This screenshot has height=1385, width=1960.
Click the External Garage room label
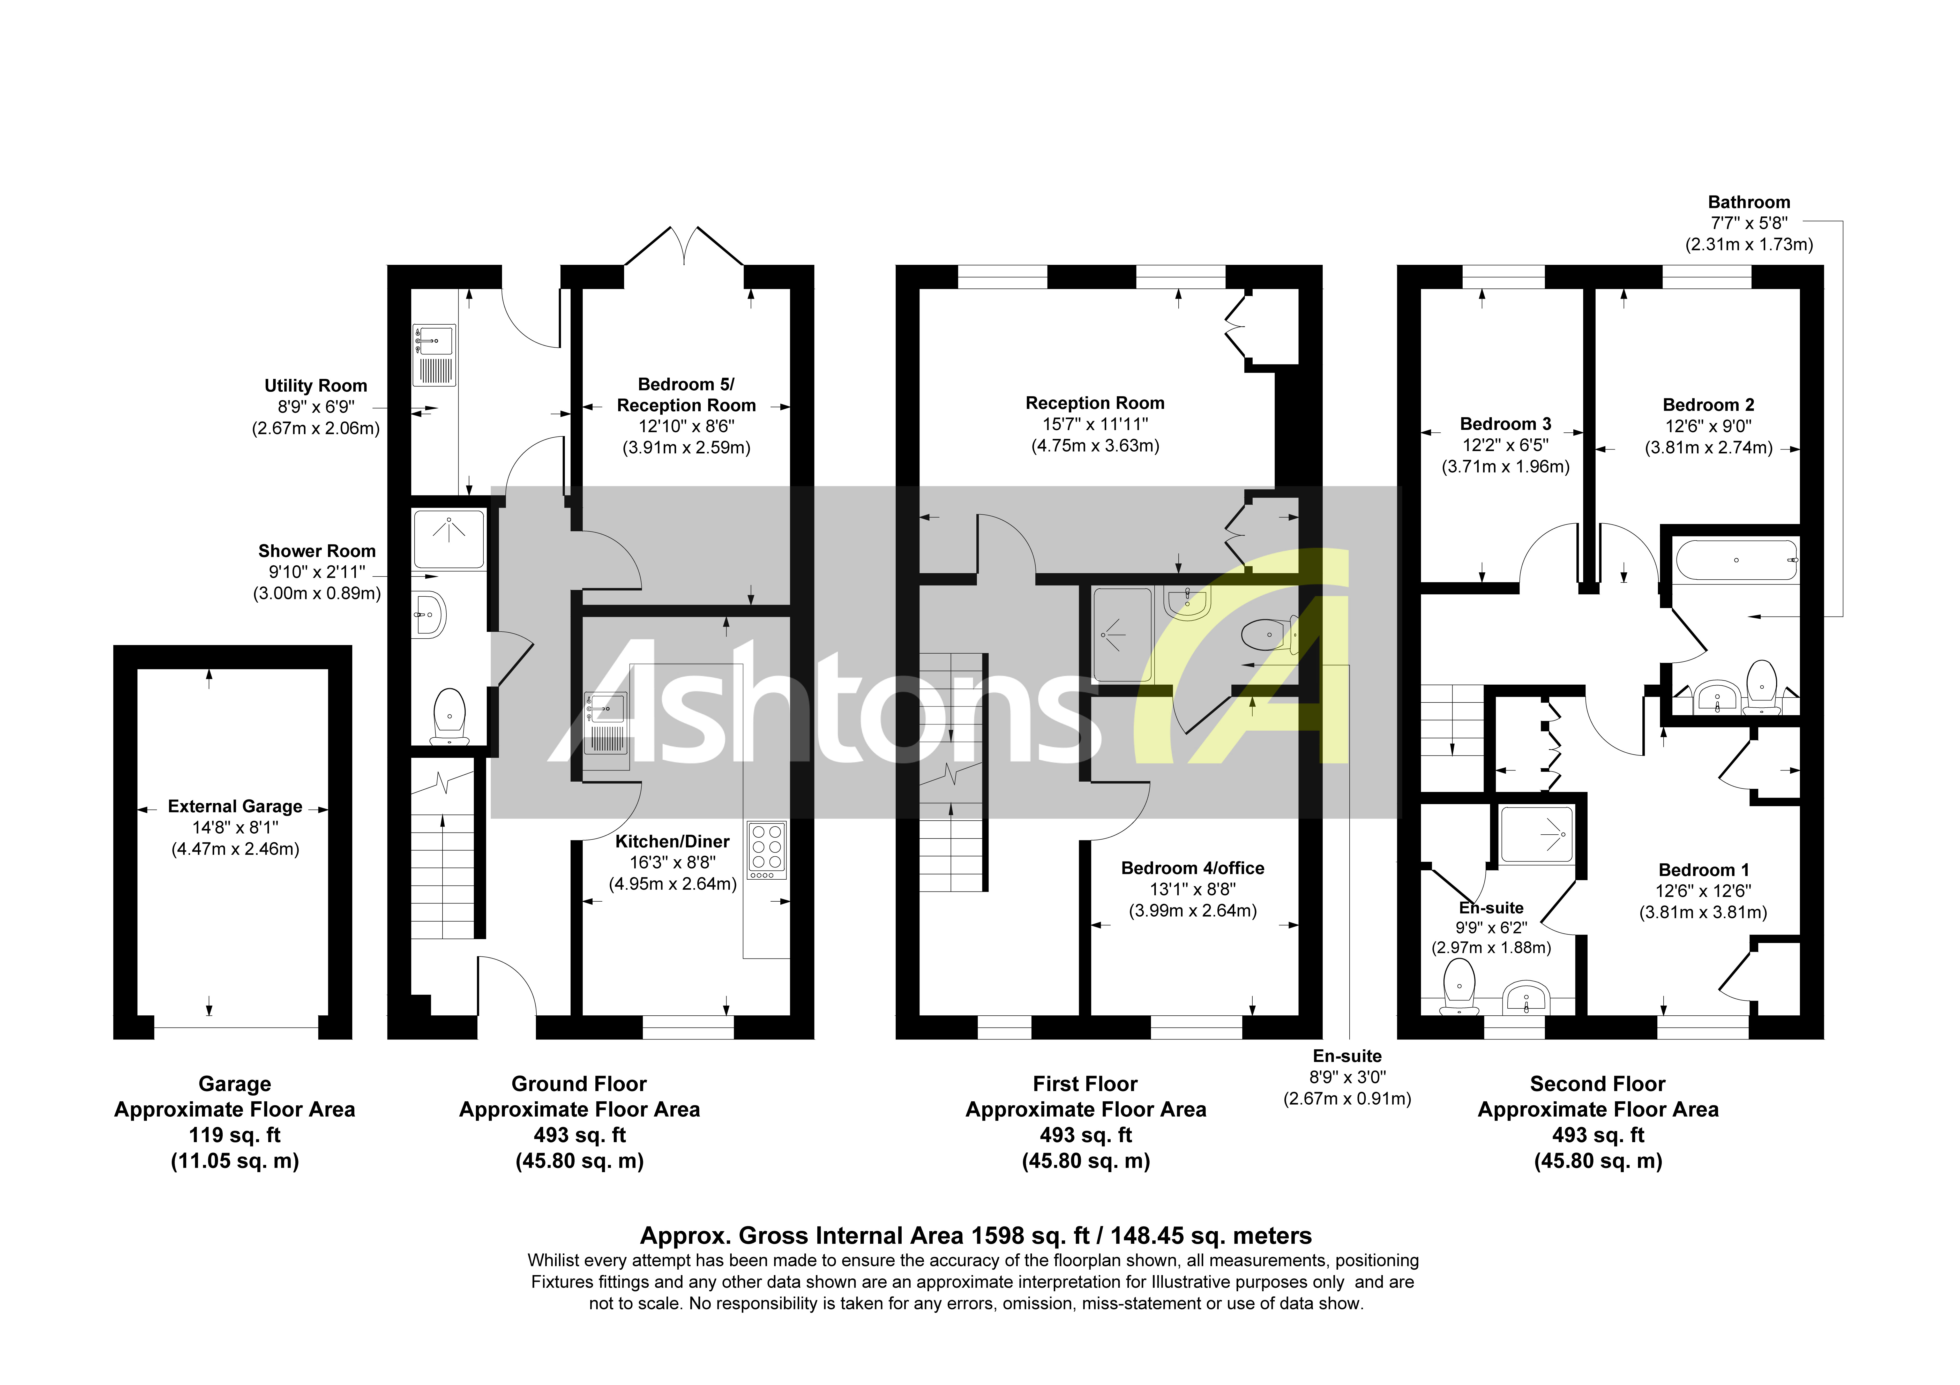pos(235,806)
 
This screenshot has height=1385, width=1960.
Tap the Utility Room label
pos(315,386)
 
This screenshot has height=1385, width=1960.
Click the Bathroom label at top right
pos(1748,202)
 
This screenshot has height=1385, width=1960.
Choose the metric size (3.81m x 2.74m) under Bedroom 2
pos(1708,447)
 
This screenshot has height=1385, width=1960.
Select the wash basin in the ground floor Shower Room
pos(429,614)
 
